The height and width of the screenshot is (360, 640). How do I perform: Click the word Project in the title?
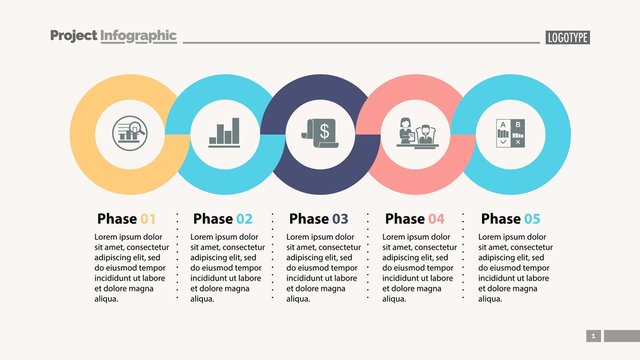tap(73, 36)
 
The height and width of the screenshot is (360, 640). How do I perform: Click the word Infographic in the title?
tap(138, 36)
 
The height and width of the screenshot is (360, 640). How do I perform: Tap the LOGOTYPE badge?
tap(567, 38)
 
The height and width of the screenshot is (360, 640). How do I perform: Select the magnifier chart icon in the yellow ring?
tap(127, 134)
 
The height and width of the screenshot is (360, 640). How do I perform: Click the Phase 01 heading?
tap(126, 218)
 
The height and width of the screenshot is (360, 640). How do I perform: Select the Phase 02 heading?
tap(222, 218)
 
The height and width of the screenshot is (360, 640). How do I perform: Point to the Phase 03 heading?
tap(318, 218)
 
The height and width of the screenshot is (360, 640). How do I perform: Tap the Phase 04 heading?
tap(414, 218)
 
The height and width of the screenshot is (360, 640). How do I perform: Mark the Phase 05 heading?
tap(510, 218)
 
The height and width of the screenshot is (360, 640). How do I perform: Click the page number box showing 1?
tap(592, 336)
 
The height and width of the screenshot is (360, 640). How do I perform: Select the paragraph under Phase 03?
tap(323, 267)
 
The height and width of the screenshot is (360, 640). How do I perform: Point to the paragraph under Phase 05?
tap(515, 267)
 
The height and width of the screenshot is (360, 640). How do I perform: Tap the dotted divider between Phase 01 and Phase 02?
tap(178, 255)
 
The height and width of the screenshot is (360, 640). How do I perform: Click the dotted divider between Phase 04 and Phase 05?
tap(466, 255)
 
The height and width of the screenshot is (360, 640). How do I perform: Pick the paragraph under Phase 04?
tap(419, 267)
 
